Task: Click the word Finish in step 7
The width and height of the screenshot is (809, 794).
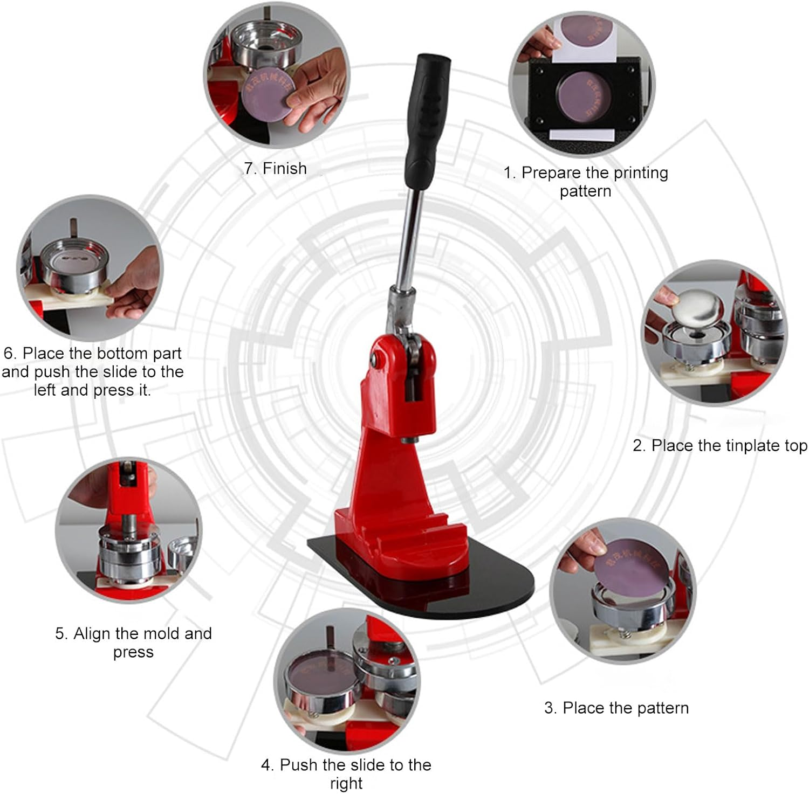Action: pos(284,169)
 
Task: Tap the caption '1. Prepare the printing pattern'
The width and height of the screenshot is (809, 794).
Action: pos(586,182)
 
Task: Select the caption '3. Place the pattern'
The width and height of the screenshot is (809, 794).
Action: pos(616,708)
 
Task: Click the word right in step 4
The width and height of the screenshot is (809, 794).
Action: pos(346,783)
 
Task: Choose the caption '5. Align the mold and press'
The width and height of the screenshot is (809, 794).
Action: pos(133,643)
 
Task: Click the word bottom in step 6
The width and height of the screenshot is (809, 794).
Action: pos(121,354)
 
